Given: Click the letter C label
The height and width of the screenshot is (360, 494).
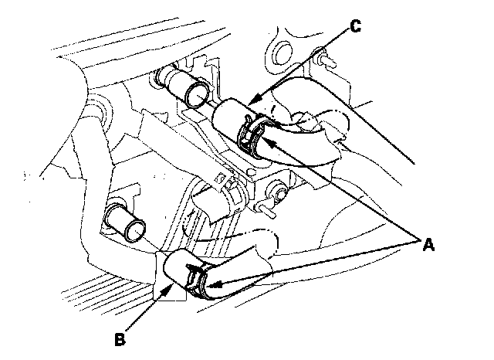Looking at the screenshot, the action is pos(355,25).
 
